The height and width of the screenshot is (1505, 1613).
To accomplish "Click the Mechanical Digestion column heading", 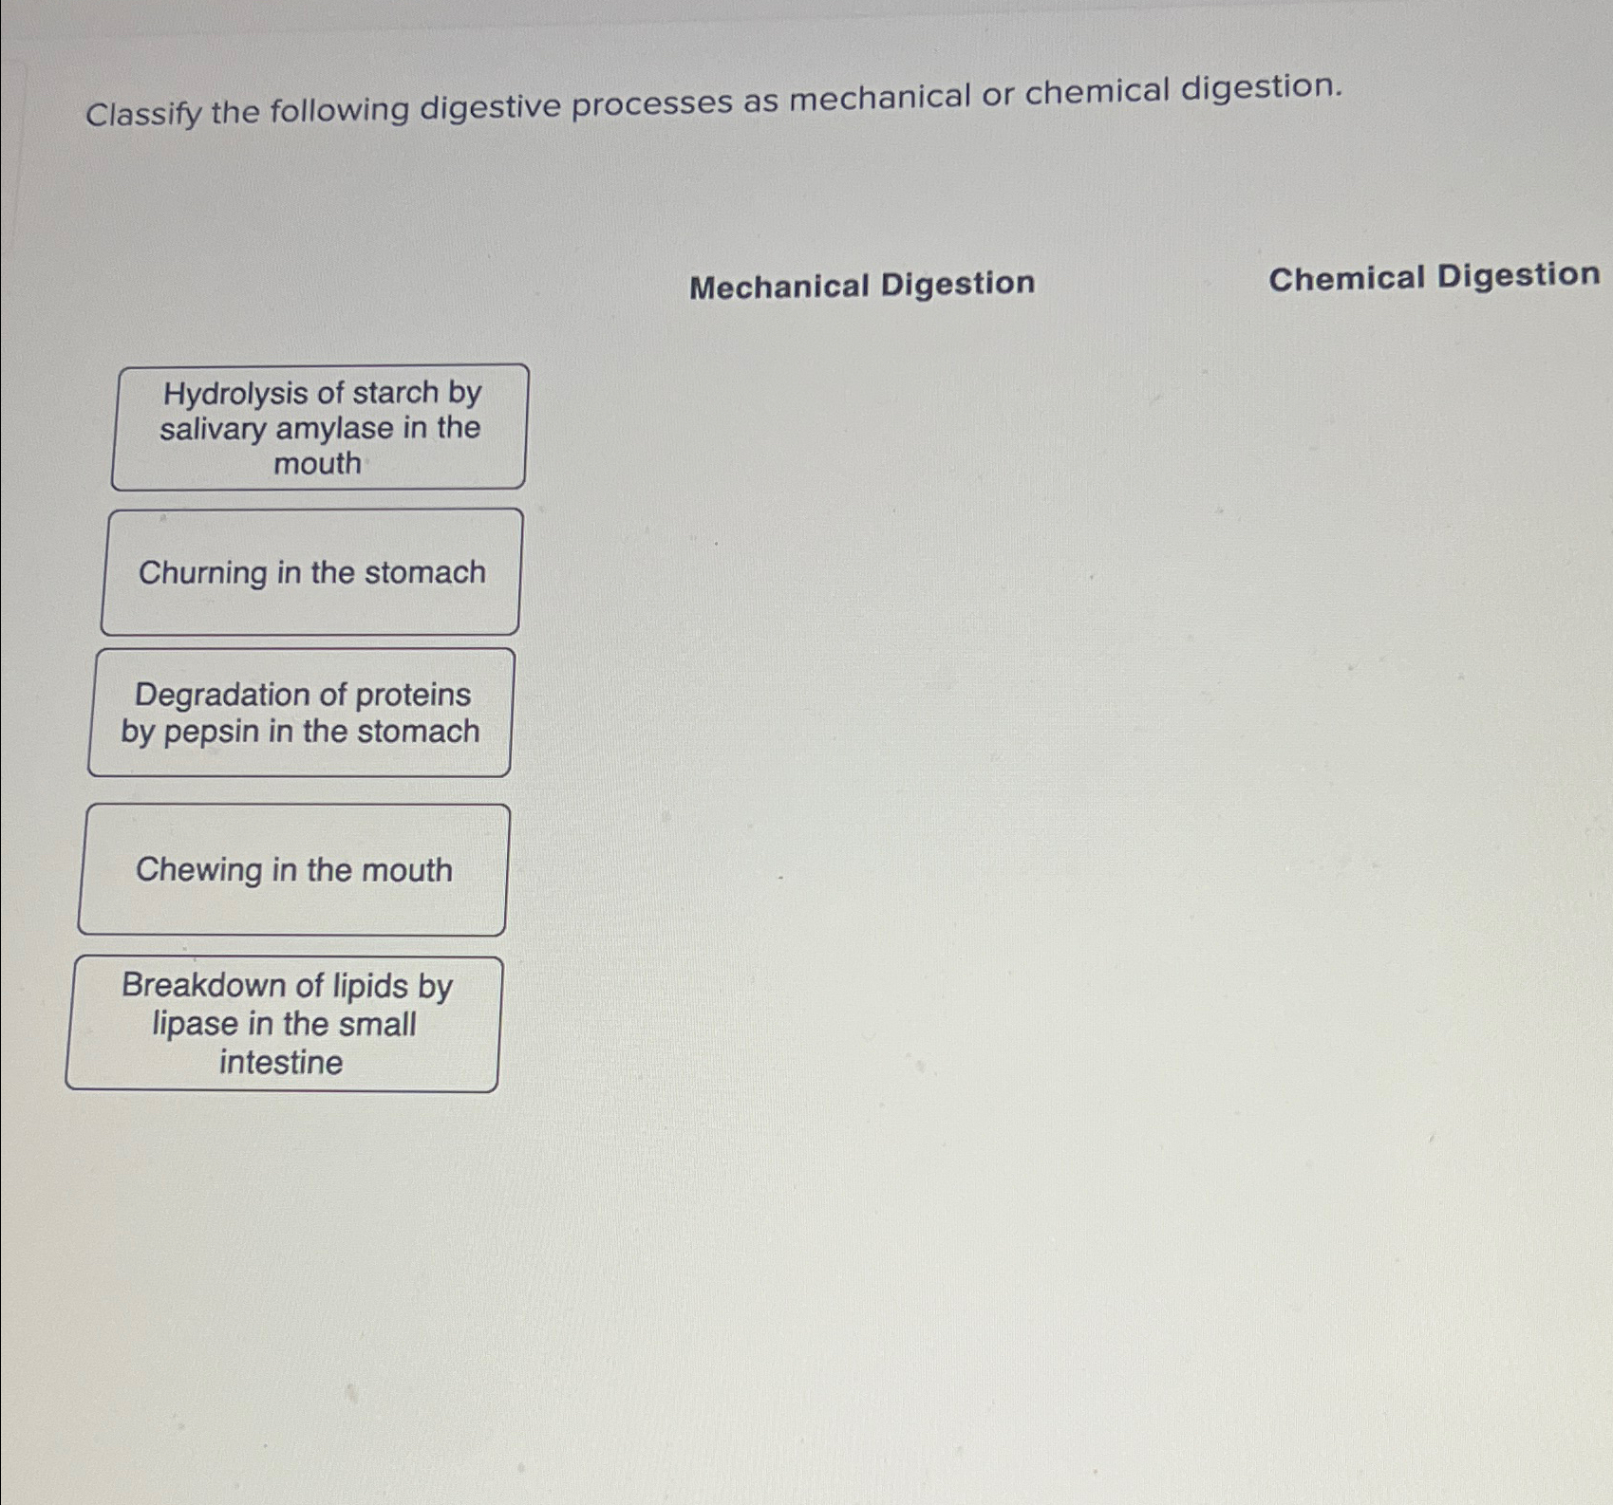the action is pyautogui.click(x=861, y=285).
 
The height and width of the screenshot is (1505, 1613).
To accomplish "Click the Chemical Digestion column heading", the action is pyautogui.click(x=1434, y=277).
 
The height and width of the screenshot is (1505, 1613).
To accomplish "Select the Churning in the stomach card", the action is pyautogui.click(x=310, y=572).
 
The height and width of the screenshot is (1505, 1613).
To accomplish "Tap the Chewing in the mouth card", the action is pyautogui.click(x=292, y=869).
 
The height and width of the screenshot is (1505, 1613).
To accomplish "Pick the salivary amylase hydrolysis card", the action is pyautogui.click(x=319, y=427).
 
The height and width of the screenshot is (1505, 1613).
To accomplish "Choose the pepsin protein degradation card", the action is pyautogui.click(x=300, y=713).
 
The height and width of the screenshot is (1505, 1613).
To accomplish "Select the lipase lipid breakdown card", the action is pyautogui.click(x=283, y=1024).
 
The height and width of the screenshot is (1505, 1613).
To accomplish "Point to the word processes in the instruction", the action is pyautogui.click(x=651, y=102).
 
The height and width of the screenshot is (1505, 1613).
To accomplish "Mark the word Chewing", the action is pyautogui.click(x=198, y=870).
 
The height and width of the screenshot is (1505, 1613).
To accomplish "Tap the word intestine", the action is pyautogui.click(x=281, y=1063).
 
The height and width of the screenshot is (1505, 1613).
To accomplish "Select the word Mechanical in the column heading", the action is pyautogui.click(x=778, y=286).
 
